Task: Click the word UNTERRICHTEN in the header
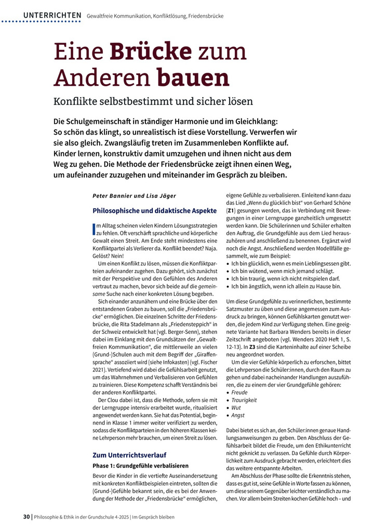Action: point(52,16)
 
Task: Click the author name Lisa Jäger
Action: point(161,196)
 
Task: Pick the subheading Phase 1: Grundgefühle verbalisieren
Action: point(140,466)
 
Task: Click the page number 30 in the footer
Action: point(26,517)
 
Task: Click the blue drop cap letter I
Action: point(94,228)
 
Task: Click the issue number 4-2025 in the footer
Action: point(118,517)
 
